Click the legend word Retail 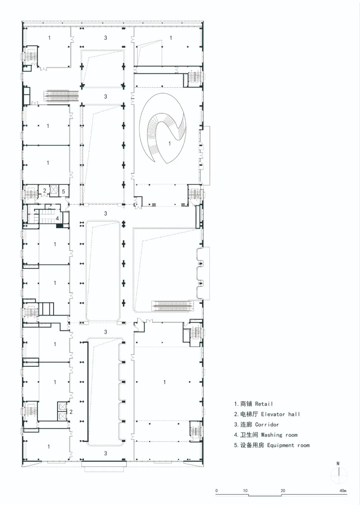click(x=264, y=404)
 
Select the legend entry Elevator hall click(x=280, y=414)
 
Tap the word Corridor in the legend click(x=267, y=424)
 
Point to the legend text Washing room click(x=279, y=435)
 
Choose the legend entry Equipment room click(x=288, y=445)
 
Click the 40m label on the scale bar click(x=343, y=491)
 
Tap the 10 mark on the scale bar click(x=245, y=491)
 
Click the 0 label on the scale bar click(x=217, y=491)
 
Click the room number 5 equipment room click(x=63, y=192)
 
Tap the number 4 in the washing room click(x=57, y=218)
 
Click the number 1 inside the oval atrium click(x=169, y=143)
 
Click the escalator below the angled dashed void click(x=173, y=306)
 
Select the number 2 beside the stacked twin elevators click(x=71, y=412)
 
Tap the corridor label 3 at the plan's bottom click(x=106, y=453)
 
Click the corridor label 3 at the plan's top click(x=106, y=38)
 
